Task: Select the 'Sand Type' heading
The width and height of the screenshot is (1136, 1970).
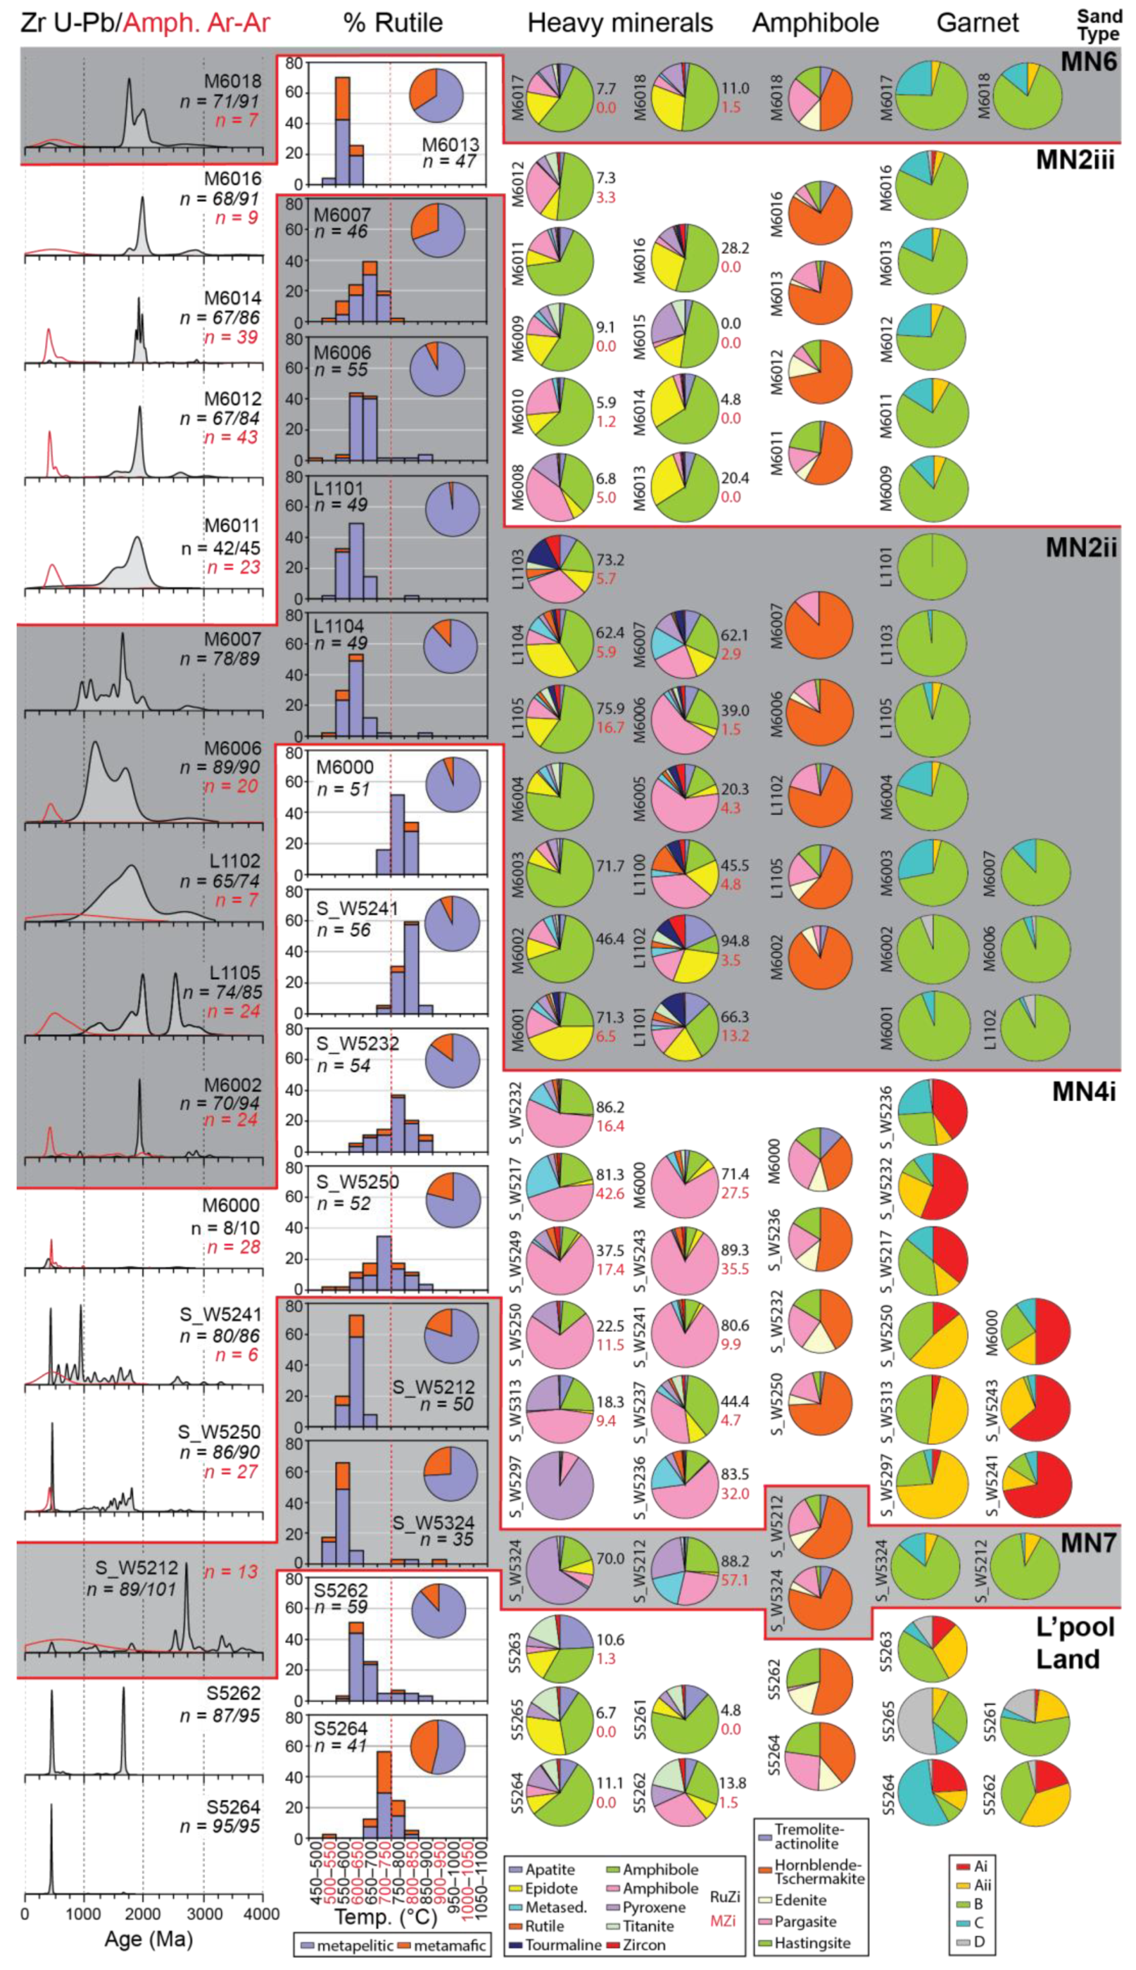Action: [x=1099, y=25]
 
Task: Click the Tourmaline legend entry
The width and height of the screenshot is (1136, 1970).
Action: [x=555, y=1944]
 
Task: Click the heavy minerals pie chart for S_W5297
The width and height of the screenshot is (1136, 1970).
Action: [x=559, y=1486]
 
